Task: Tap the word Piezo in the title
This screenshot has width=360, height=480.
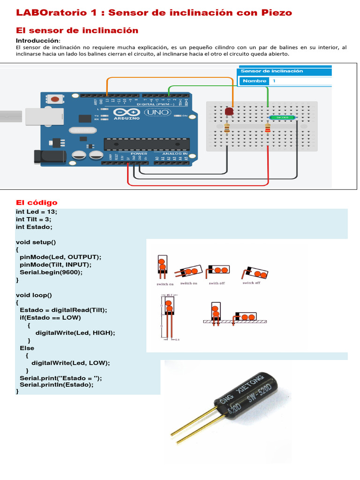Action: pos(277,13)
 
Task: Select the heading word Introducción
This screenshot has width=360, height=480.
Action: pos(37,41)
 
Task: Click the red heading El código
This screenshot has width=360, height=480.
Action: pos(37,202)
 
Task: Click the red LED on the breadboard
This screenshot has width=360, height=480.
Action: pos(229,112)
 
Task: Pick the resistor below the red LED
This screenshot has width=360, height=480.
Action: pos(227,127)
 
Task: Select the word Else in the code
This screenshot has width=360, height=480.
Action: pos(27,348)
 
